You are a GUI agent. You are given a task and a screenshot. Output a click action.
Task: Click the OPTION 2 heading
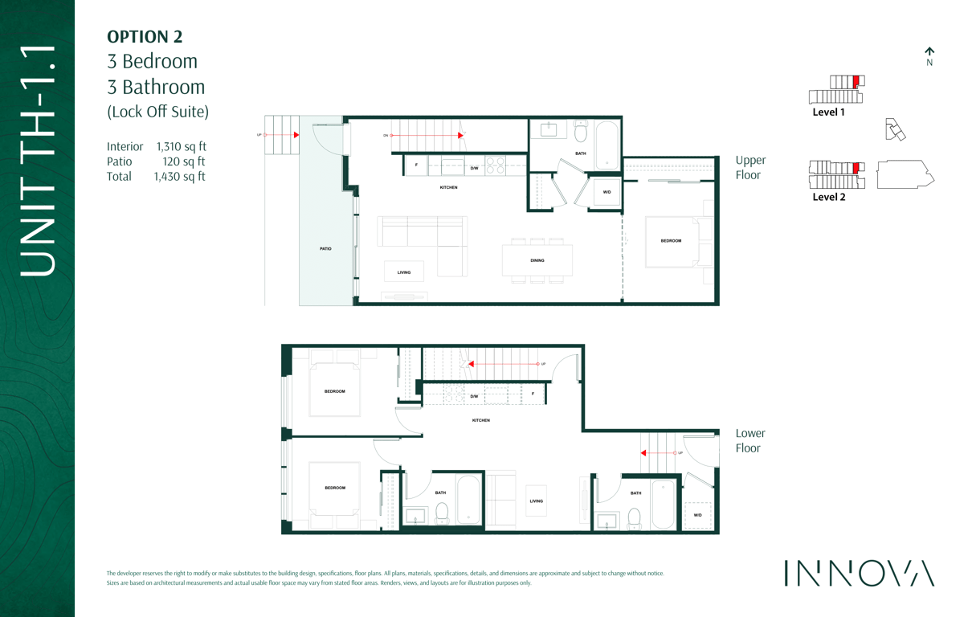tap(145, 37)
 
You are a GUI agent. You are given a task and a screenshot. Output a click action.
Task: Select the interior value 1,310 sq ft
tap(182, 147)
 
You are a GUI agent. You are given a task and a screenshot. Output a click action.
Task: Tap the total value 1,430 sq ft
tap(180, 177)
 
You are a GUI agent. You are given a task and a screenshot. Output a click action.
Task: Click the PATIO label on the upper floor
tap(325, 248)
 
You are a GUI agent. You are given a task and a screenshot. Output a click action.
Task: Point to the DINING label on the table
tap(537, 260)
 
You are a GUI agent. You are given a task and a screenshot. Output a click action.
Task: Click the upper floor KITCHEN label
tap(449, 187)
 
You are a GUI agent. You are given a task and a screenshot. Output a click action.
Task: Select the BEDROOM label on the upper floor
tap(671, 240)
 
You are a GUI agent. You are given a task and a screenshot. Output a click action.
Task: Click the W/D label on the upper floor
tap(606, 192)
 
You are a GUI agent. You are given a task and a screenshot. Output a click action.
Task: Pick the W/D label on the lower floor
tap(698, 515)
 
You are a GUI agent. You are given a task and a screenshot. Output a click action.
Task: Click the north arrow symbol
tap(929, 52)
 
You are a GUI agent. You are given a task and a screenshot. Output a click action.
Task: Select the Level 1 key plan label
tap(828, 112)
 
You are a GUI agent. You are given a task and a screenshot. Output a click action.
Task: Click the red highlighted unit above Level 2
tap(856, 168)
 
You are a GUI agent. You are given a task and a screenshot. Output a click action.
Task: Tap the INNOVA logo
tap(860, 573)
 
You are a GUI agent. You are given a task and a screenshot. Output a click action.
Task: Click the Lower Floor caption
tap(750, 440)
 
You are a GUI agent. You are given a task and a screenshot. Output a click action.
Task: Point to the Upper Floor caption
tap(751, 167)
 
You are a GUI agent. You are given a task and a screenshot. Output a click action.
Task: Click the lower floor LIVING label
tap(537, 501)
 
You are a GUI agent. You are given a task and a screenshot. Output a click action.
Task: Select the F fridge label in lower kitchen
tap(533, 394)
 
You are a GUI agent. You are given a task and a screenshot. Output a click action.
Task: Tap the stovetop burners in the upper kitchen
tap(495, 165)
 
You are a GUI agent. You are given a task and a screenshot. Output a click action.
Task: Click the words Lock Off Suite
tap(158, 112)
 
